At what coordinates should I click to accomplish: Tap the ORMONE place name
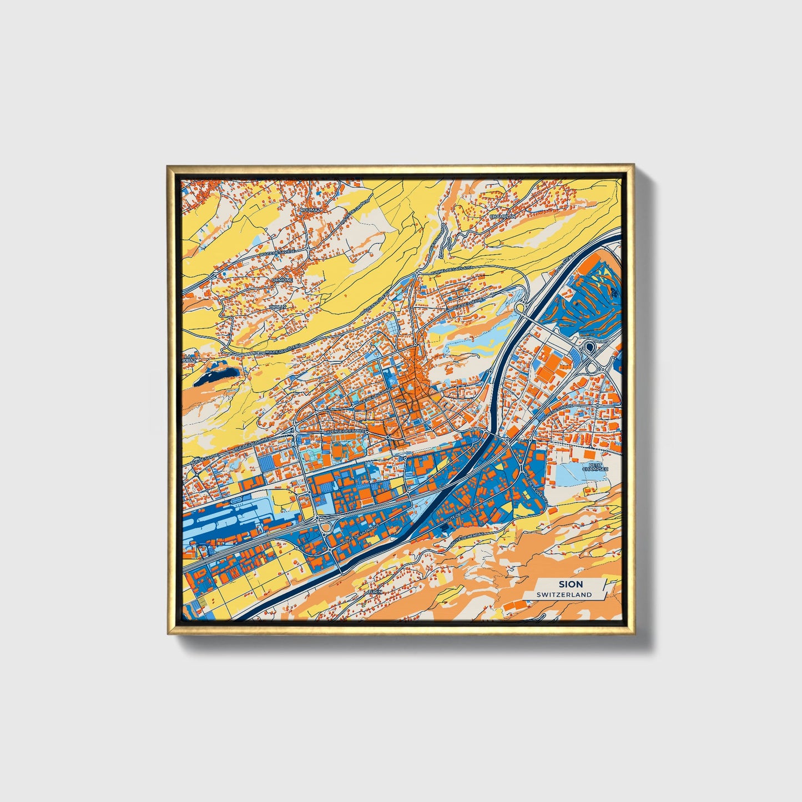click(282, 281)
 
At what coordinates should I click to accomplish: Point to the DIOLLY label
click(278, 306)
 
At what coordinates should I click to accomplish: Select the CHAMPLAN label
click(502, 216)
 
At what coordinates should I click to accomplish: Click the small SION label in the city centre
click(401, 400)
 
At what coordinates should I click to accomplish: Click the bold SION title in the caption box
click(571, 584)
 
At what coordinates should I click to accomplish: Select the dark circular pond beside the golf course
click(589, 347)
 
